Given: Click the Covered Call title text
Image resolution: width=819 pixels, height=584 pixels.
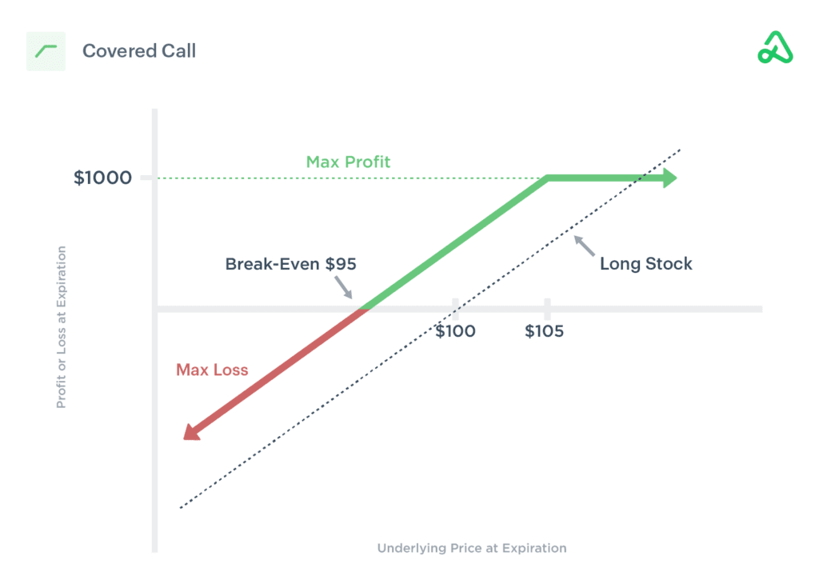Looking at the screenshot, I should click(139, 51).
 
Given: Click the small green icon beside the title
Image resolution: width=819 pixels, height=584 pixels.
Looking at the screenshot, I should click(46, 51).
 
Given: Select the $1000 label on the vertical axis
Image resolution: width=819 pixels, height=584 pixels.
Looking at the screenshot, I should click(102, 178).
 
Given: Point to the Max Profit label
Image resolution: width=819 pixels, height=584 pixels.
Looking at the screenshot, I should click(348, 162).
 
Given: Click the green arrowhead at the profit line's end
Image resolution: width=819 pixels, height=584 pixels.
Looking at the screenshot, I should click(669, 178).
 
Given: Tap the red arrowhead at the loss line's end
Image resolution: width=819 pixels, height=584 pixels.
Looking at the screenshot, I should click(190, 432).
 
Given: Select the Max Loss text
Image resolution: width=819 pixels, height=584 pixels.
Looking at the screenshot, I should click(212, 370).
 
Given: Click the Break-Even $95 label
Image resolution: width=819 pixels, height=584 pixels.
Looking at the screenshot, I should click(290, 264).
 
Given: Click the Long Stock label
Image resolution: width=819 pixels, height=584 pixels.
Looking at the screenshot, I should click(646, 264).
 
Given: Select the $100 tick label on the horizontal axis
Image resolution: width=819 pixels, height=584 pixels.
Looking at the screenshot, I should click(455, 331).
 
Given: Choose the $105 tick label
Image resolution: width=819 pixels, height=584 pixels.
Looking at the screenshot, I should click(545, 331).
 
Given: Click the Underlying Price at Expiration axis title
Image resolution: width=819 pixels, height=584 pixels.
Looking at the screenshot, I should click(472, 548).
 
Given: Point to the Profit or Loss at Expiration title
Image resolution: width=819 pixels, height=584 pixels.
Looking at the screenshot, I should click(61, 327).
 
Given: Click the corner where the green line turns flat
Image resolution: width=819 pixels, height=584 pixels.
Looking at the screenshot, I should click(547, 178).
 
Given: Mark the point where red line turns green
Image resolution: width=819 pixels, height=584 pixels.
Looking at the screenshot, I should click(365, 308).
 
